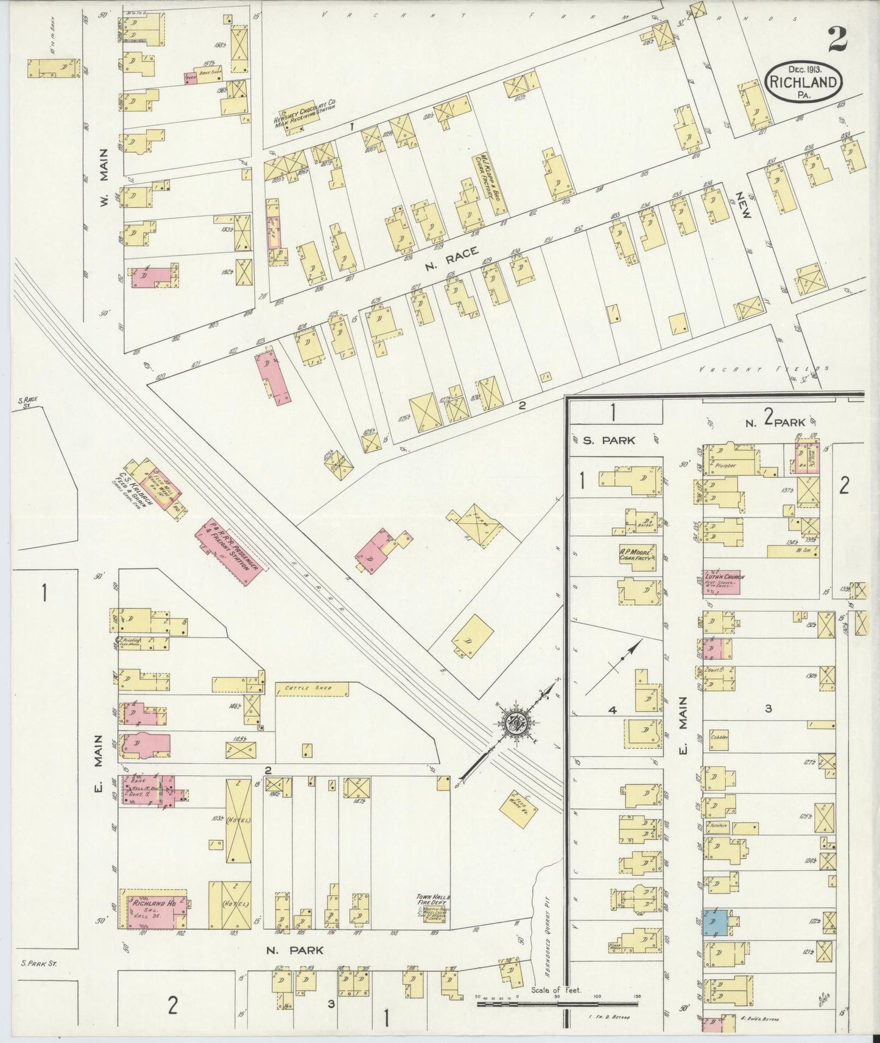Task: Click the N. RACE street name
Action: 451,257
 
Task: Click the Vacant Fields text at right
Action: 764,369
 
